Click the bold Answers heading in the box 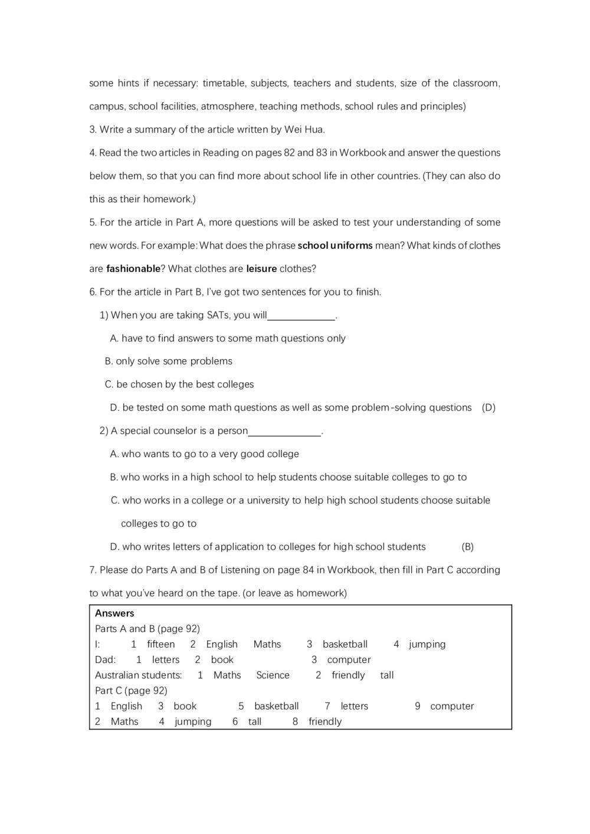pyautogui.click(x=114, y=613)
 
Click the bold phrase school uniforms pyautogui.click(x=335, y=245)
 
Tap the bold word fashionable pyautogui.click(x=133, y=269)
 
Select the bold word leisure pyautogui.click(x=261, y=269)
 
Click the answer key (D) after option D pyautogui.click(x=489, y=408)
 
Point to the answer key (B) pyautogui.click(x=467, y=547)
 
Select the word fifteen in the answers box pyautogui.click(x=161, y=645)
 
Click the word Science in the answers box pyautogui.click(x=273, y=675)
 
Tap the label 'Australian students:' pyautogui.click(x=138, y=675)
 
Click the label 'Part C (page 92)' pyautogui.click(x=131, y=691)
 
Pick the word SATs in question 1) pyautogui.click(x=218, y=315)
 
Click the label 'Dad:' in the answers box pyautogui.click(x=106, y=660)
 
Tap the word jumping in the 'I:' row pyautogui.click(x=427, y=645)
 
